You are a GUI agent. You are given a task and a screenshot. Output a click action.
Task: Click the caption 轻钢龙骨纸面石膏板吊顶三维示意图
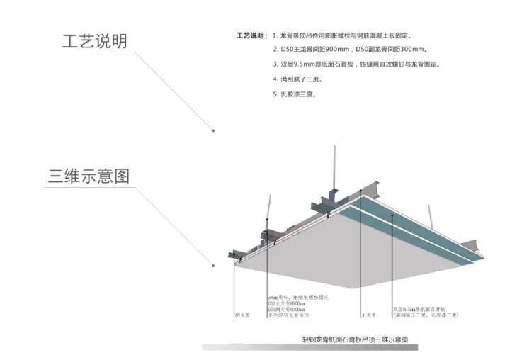click(355, 339)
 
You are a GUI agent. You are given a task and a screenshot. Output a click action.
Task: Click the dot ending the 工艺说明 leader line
click(212, 130)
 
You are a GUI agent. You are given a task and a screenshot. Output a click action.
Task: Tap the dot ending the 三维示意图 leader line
click(212, 266)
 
